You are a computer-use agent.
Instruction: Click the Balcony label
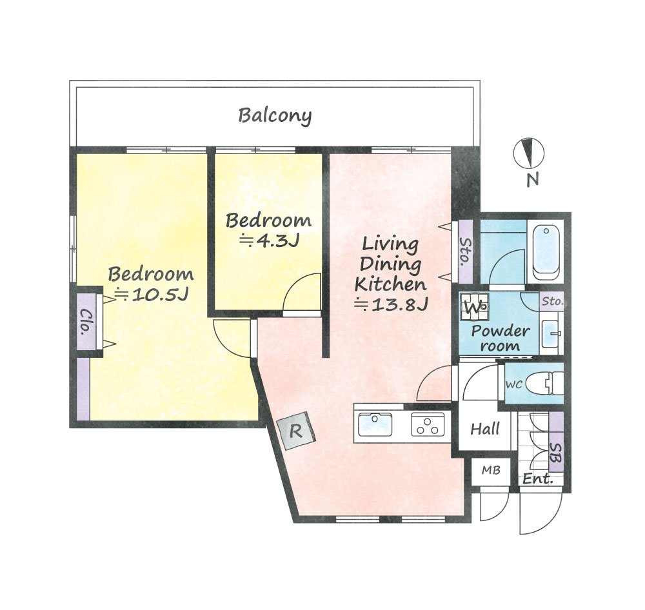coord(275,115)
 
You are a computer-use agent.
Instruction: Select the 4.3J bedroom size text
coord(269,241)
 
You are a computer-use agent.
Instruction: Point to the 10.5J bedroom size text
coord(152,294)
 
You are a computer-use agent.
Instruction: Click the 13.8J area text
coord(392,304)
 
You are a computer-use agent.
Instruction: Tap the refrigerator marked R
coord(296,431)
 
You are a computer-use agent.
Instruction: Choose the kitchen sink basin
coord(375,424)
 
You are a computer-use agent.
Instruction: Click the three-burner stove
coord(428,424)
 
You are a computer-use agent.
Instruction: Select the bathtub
coord(546,251)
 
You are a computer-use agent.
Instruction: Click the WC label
coord(514,384)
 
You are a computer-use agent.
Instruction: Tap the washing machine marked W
coord(474,306)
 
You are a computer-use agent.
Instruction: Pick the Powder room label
coord(501,338)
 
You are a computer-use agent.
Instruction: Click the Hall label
coord(485,429)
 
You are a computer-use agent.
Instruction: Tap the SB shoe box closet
coord(557,442)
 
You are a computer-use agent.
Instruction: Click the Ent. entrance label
coord(537,479)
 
